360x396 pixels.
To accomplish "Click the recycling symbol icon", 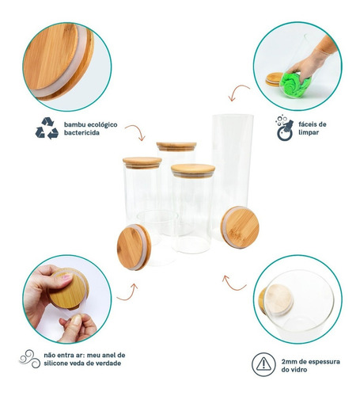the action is tap(47, 128).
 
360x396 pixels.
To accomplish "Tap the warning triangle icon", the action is tap(263, 364).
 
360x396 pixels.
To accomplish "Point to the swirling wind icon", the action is tap(30, 359).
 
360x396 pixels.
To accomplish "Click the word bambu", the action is tap(74, 124).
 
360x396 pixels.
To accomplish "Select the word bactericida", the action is tap(81, 133).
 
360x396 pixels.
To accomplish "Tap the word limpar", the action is tap(309, 132).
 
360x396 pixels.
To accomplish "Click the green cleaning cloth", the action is tap(295, 83).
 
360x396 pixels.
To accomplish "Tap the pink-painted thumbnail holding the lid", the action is tap(67, 277).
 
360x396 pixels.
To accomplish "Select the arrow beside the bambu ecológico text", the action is tap(136, 132).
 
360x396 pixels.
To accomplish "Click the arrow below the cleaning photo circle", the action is tap(237, 90).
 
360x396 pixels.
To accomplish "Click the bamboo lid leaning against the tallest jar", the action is tap(240, 227).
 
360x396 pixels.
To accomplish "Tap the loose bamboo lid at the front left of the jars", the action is tap(134, 247).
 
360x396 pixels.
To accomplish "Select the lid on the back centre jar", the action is tap(176, 147).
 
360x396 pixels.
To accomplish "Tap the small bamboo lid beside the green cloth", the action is tap(275, 78).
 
